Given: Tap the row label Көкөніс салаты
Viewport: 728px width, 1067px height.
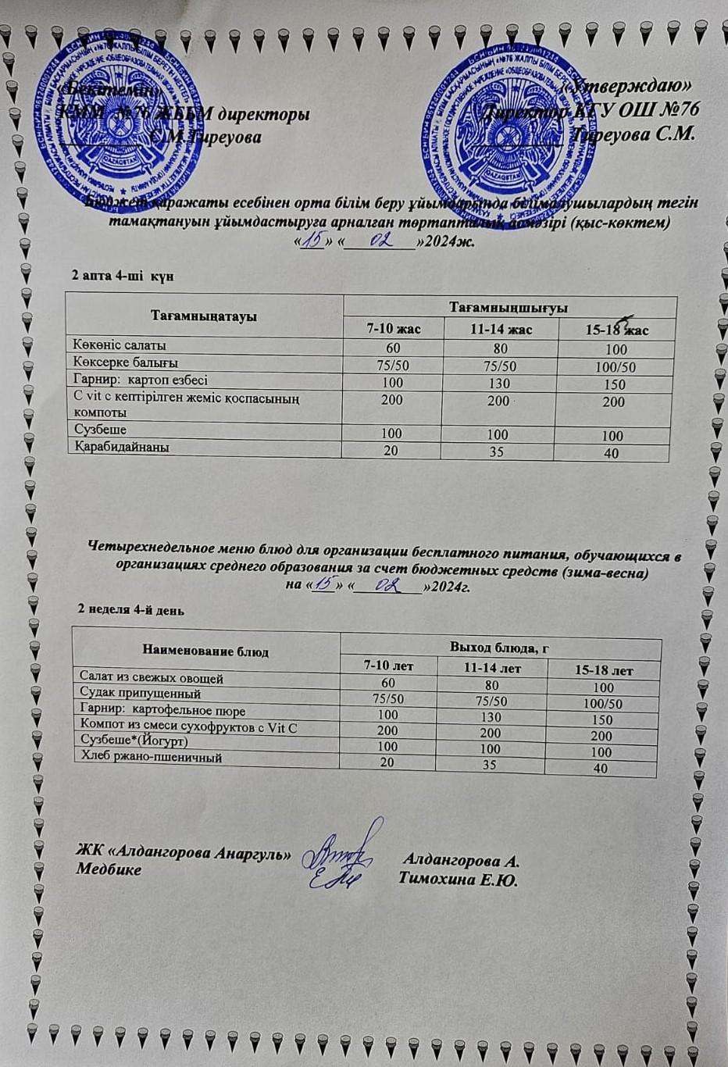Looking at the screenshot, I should tap(120, 345).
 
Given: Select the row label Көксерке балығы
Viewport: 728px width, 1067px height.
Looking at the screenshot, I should tap(126, 362).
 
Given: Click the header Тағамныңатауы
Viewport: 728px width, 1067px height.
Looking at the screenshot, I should tap(204, 316).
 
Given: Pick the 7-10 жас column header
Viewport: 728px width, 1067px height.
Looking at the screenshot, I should tap(394, 329).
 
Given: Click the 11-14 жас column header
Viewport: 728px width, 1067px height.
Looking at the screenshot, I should tap(501, 330).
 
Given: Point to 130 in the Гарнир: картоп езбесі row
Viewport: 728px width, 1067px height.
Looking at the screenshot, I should tap(499, 384).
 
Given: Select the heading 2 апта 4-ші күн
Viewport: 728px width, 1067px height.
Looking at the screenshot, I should tap(123, 277).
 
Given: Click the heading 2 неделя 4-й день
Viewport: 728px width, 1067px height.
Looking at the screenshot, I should tap(131, 610).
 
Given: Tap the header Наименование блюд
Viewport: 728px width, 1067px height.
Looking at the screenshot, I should tap(205, 651).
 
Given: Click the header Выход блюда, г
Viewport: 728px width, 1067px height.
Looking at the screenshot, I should tap(500, 648).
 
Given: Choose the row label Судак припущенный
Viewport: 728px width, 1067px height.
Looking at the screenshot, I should tap(141, 694).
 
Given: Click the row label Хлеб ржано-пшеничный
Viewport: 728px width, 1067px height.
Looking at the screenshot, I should tap(152, 758).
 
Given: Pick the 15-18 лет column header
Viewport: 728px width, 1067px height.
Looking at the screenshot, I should tap(604, 670).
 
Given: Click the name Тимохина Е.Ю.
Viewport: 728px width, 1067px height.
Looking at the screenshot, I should tap(458, 880).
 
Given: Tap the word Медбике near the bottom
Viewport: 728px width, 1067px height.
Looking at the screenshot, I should tap(109, 869).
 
